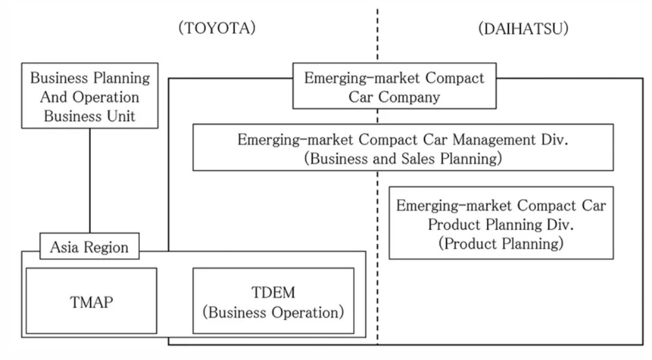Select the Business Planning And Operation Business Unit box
(x=90, y=96)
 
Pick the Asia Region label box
(x=89, y=247)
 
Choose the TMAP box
(x=91, y=301)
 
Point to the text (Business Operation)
(x=273, y=313)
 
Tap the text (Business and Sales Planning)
(x=402, y=159)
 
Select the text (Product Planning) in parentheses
(x=501, y=244)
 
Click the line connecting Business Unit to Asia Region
(x=90, y=180)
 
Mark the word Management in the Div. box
(x=498, y=140)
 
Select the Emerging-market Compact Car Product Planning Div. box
(x=501, y=223)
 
